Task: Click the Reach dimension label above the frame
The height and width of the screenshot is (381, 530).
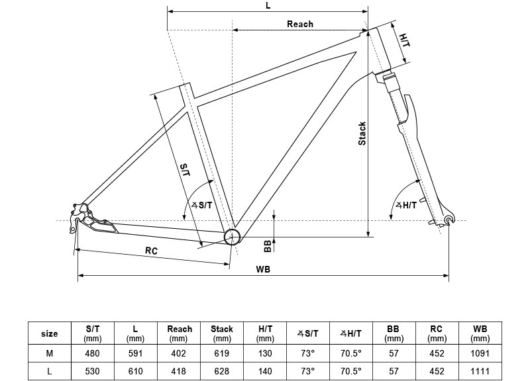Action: [x=300, y=24]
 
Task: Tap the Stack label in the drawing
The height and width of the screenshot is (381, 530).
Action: [x=362, y=134]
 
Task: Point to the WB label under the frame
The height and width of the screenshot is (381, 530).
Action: [x=263, y=269]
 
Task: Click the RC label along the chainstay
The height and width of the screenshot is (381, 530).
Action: [x=151, y=251]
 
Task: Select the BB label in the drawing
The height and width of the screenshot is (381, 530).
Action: [x=268, y=245]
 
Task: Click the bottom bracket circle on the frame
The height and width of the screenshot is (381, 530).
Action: [x=233, y=236]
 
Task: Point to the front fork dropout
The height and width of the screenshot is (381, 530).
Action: [x=449, y=220]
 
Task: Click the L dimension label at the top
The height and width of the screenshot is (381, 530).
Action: [x=268, y=5]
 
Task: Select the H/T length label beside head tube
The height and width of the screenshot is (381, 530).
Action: [x=405, y=40]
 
